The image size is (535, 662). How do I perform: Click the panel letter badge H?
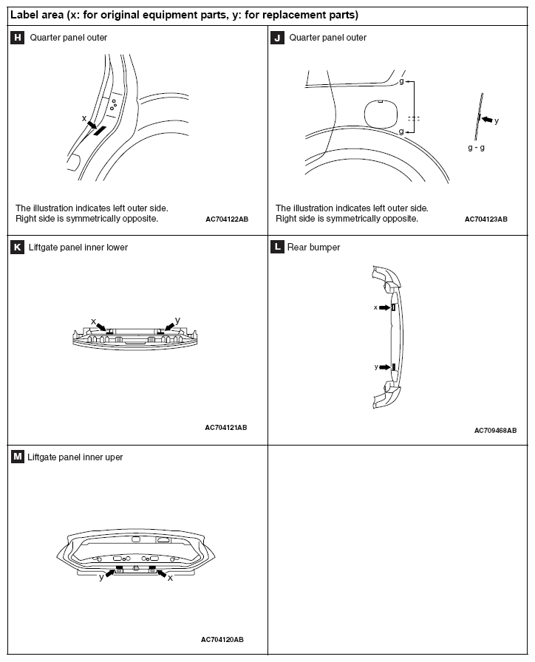[x=17, y=37]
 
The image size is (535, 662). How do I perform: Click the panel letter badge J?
[x=278, y=37]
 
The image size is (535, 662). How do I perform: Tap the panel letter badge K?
[x=17, y=247]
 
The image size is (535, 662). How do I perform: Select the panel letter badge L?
[x=278, y=247]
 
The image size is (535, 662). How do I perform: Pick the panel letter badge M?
[x=17, y=457]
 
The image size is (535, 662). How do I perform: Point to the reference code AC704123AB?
[x=486, y=219]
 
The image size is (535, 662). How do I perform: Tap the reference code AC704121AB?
[x=226, y=427]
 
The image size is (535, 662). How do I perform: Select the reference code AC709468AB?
[x=495, y=430]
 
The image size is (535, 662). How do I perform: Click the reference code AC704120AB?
[x=222, y=639]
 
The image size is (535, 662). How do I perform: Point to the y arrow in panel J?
[x=485, y=118]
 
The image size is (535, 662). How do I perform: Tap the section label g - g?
[x=477, y=147]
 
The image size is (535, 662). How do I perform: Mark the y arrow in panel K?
[x=170, y=327]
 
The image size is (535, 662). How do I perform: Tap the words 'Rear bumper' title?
[x=313, y=248]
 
